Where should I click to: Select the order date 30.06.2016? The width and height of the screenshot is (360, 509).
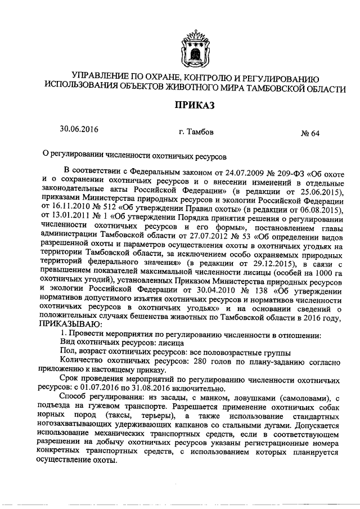79,129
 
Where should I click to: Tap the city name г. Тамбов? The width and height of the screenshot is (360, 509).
196,133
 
